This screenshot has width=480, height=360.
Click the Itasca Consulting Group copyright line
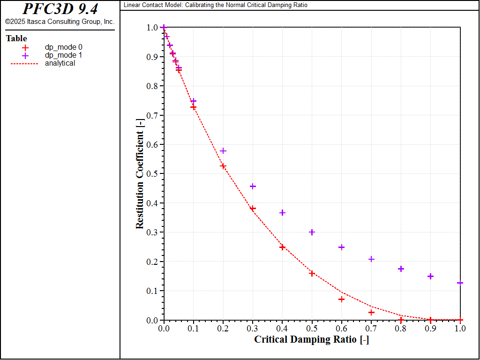pos(60,22)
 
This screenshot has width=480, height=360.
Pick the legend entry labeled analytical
pos(60,63)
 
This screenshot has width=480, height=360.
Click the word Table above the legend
pos(16,38)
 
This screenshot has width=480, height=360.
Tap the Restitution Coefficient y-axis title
pos(140,174)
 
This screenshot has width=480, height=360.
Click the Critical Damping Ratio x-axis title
pos(311,339)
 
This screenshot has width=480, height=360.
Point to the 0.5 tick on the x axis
pos(312,329)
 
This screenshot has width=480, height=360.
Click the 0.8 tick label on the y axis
pos(152,86)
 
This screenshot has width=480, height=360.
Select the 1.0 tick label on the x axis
pos(460,329)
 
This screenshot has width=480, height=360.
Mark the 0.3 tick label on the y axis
pos(152,232)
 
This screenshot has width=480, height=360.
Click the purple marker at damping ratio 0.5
pos(312,232)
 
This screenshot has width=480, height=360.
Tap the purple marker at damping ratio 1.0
pos(460,283)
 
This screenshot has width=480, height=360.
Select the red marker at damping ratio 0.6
pos(342,299)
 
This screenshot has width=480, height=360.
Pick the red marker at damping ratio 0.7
pos(372,312)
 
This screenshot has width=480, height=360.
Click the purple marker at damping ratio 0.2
pos(223,150)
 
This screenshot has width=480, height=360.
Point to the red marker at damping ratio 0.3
pos(253,209)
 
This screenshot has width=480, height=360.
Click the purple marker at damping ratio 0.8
pos(401,269)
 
